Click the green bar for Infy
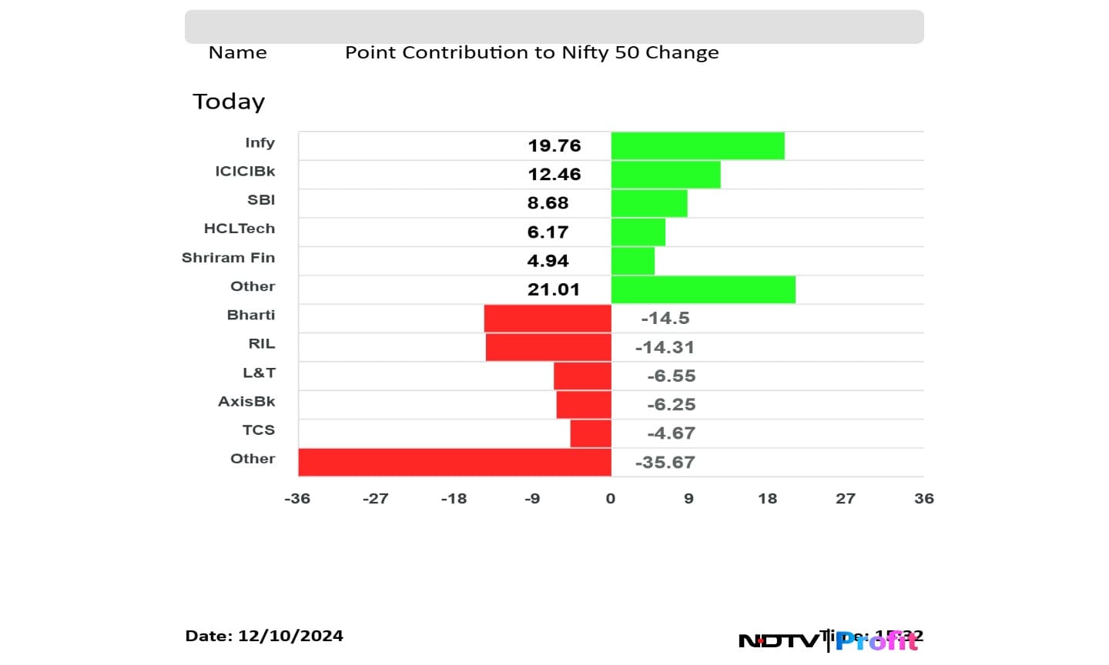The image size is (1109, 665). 698,145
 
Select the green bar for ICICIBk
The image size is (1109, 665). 665,175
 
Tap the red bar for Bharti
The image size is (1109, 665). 548,319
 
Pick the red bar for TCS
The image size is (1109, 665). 591,433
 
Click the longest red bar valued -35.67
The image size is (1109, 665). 454,463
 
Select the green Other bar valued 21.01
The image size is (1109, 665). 703,289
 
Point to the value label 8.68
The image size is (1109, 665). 548,203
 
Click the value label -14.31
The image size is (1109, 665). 665,347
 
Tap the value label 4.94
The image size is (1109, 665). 548,261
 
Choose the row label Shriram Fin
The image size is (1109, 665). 228,258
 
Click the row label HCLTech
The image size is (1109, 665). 239,229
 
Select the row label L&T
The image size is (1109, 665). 259,373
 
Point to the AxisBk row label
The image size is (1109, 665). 246,401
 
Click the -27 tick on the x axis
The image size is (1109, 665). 375,499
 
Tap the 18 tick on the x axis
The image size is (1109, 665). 767,499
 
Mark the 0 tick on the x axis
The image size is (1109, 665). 611,499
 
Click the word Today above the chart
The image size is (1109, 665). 229,102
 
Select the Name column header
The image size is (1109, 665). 237,52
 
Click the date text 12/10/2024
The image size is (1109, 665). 290,636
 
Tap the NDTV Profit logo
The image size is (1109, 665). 828,640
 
